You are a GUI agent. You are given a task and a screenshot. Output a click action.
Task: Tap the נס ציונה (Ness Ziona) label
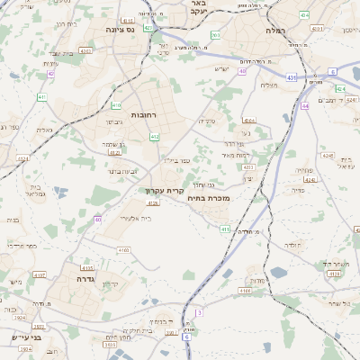[x=119, y=30]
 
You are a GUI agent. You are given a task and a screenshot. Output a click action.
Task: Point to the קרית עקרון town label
[x=164, y=190]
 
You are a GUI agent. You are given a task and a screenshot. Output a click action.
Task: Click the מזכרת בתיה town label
[x=212, y=198]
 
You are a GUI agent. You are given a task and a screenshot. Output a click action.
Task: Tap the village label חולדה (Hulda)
[x=294, y=245]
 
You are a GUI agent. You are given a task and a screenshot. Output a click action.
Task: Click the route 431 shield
[x=292, y=78]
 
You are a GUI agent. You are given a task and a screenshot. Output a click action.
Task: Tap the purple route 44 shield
[x=306, y=106]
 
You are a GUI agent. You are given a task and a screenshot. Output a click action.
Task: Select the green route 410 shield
[x=154, y=137]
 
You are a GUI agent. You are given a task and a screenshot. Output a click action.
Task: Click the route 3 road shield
[x=199, y=312]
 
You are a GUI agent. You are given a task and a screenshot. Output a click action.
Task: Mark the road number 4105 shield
[x=87, y=267]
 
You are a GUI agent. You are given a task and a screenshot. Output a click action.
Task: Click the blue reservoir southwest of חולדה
[x=229, y=273]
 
